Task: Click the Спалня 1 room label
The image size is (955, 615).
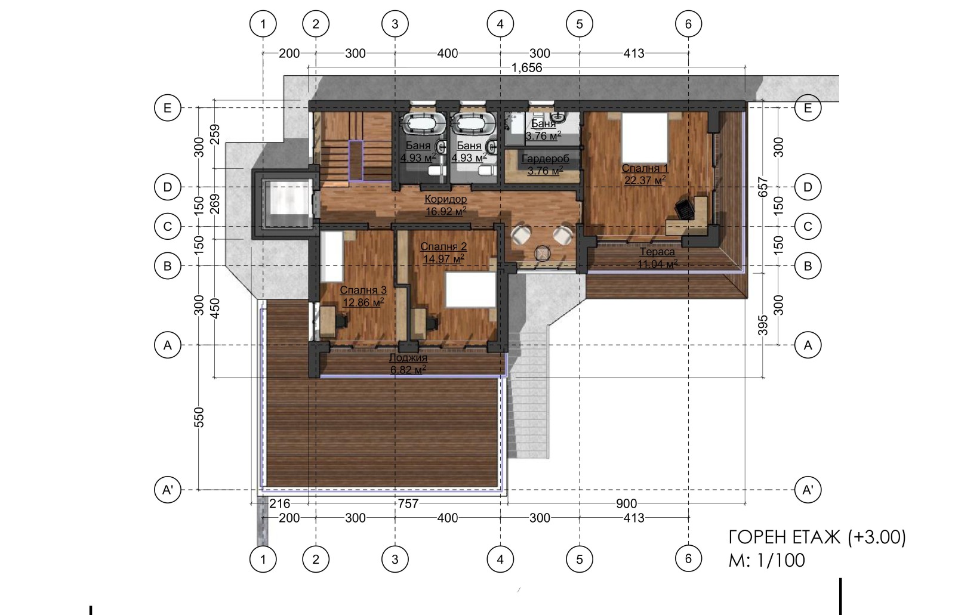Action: pos(645,168)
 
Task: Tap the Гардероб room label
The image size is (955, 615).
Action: pos(546,159)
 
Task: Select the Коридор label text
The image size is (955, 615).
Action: pos(445,199)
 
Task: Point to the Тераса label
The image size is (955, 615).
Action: pos(657,252)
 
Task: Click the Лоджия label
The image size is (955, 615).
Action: pos(408,358)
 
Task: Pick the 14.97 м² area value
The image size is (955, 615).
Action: pos(443,258)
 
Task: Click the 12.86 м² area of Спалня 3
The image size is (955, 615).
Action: pos(363,302)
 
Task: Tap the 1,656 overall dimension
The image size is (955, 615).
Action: pos(527,68)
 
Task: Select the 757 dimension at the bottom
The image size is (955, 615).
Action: pos(408,504)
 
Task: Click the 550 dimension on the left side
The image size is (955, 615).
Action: pos(199,417)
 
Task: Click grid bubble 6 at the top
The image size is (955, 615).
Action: pos(689,24)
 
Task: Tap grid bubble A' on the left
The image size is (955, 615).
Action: pos(168,490)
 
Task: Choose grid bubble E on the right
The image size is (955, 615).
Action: pos(808,108)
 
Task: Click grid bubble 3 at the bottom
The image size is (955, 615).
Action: pos(395,559)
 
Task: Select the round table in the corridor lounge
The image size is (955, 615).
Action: pos(543,254)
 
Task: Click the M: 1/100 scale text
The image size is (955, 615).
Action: pos(766,560)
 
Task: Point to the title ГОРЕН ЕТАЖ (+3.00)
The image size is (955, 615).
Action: pos(817,537)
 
